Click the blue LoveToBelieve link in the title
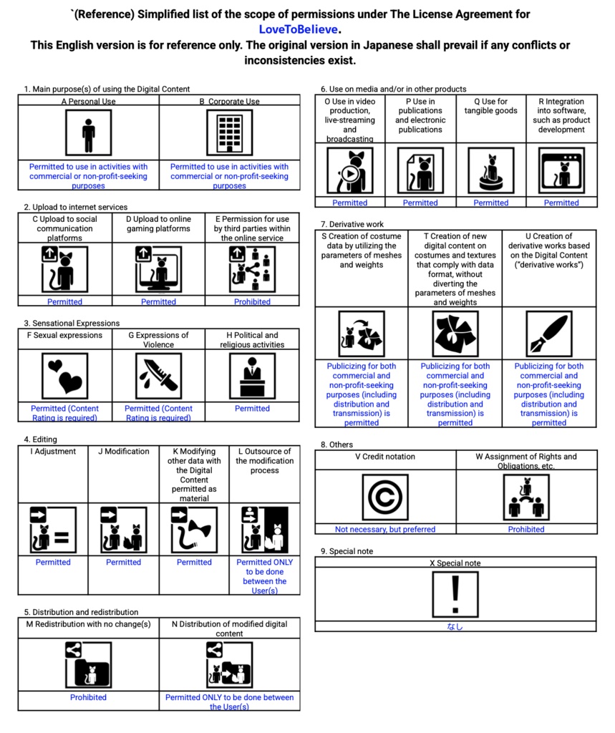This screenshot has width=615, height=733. pos(299,29)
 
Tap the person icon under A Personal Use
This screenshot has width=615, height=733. pos(88,132)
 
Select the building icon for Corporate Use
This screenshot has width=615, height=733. pos(229,132)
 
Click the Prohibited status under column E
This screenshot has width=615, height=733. pos(252,302)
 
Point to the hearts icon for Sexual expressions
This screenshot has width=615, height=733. pos(64,376)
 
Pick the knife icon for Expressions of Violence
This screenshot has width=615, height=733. pos(158,376)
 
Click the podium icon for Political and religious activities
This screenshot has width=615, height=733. pos(252,376)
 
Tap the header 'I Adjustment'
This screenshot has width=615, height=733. pos(53,452)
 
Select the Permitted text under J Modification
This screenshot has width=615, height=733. pos(123,563)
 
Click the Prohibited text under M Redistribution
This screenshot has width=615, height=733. pos(88,697)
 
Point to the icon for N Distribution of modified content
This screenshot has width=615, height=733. pos(229,664)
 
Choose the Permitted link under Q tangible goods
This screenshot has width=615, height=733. pos(491,203)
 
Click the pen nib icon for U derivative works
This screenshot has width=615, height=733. pos(548,334)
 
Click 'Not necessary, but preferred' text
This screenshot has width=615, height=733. pos(385,530)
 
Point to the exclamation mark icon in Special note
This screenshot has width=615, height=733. pos(455,593)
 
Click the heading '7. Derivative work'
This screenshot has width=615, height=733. pos(352,224)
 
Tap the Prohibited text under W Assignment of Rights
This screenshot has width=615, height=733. pos(526,530)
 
